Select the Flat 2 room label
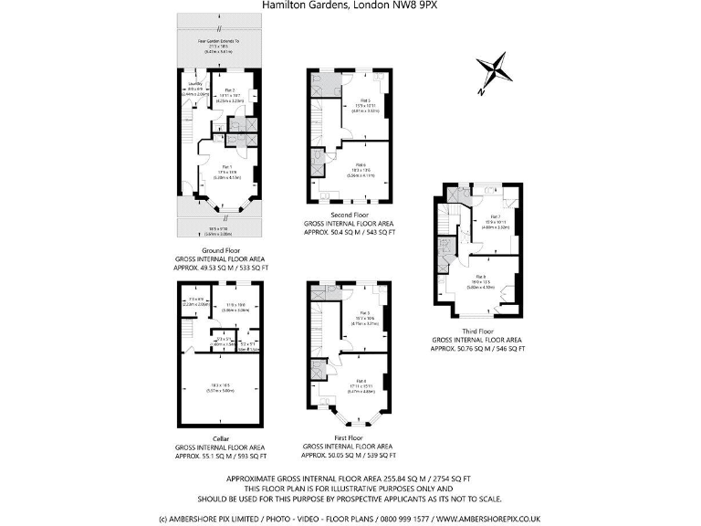(x=230, y=89)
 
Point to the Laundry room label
(x=195, y=84)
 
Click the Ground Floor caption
(x=220, y=249)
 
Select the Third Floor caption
(x=477, y=331)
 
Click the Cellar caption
(x=220, y=438)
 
